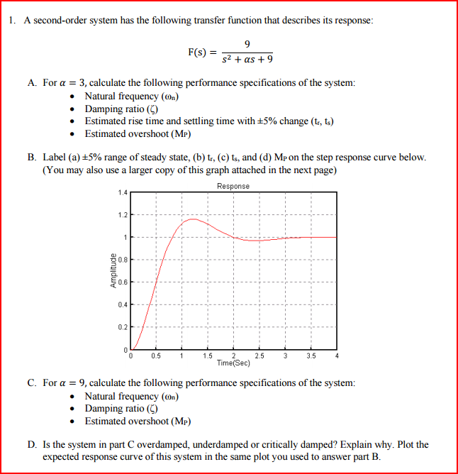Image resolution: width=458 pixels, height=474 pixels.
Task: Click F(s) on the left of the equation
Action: pos(198,52)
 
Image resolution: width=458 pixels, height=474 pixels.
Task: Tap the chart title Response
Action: pos(233,186)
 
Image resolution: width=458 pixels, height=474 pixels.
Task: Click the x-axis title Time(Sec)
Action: pos(233,362)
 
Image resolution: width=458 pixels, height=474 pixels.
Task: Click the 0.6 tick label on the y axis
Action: pos(123,282)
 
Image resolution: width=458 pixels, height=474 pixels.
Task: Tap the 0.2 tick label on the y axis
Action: pos(123,326)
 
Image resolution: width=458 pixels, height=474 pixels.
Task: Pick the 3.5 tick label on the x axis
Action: pos(311,355)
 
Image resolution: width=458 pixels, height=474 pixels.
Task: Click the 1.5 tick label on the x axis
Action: pos(208,355)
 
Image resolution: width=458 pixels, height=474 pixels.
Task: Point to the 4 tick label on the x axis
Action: pos(337,355)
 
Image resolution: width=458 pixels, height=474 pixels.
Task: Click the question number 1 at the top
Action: pos(13,20)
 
